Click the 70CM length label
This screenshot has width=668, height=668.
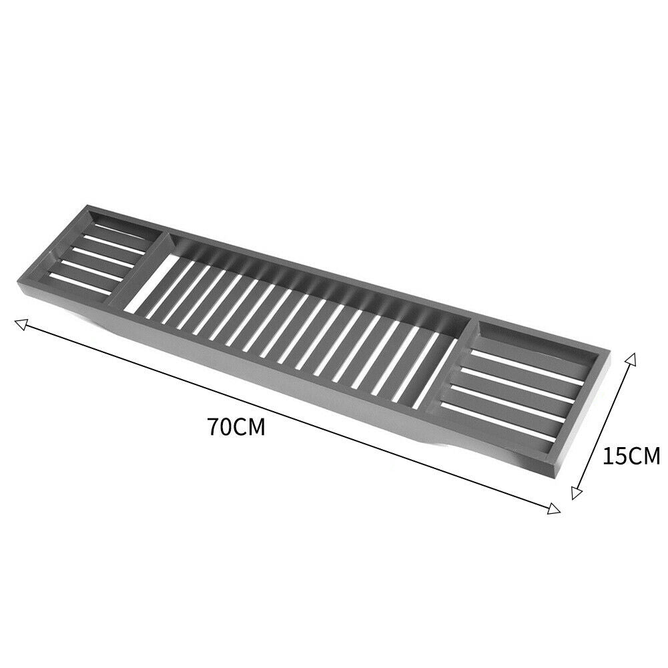pos(236,427)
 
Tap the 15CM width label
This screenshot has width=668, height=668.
pos(631,456)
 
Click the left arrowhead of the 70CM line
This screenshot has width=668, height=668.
pos(22,325)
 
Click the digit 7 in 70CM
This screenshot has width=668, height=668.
pos(215,427)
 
